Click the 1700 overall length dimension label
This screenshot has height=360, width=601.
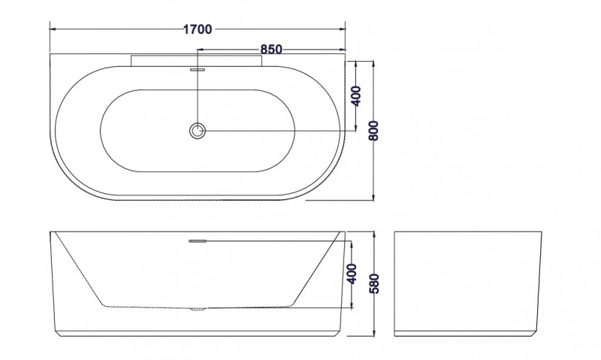click(198, 29)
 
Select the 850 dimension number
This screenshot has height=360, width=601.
click(271, 50)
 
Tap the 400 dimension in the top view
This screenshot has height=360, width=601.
click(356, 96)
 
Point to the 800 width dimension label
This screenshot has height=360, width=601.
click(373, 130)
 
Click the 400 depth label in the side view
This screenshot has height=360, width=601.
click(352, 274)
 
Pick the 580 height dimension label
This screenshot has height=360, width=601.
click(373, 283)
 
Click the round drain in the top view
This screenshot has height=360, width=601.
click(198, 131)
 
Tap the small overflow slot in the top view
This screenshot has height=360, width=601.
click(198, 70)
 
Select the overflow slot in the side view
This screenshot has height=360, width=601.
click(198, 241)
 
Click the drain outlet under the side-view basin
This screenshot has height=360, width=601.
click(198, 309)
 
